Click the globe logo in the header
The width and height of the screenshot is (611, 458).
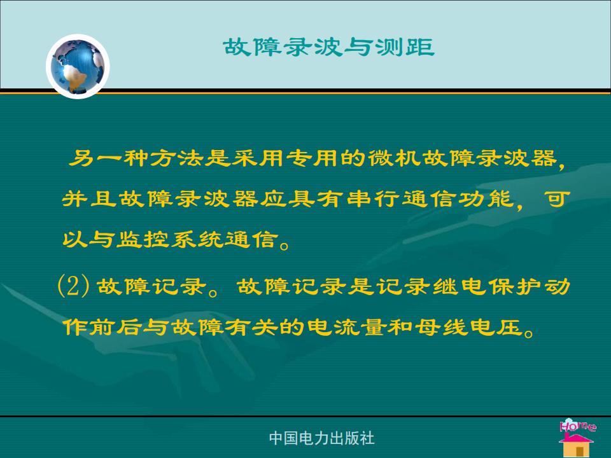(78, 66)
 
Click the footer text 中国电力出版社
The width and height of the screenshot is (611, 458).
(321, 438)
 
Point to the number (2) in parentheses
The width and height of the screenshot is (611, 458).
(73, 286)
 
